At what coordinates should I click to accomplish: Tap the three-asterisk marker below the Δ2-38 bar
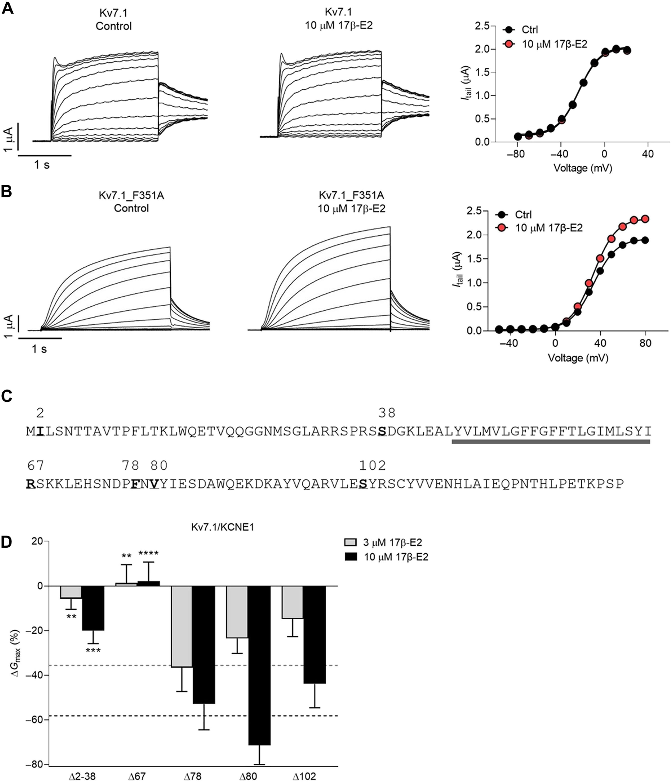click(93, 650)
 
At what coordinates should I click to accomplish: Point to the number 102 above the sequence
click(372, 466)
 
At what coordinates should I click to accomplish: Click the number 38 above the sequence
click(387, 413)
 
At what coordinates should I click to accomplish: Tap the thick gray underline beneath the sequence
click(551, 441)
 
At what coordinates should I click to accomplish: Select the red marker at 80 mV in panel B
click(645, 219)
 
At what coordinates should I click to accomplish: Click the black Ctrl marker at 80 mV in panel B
click(645, 240)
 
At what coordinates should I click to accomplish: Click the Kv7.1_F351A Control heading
click(131, 202)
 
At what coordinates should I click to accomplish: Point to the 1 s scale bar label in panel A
click(42, 165)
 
